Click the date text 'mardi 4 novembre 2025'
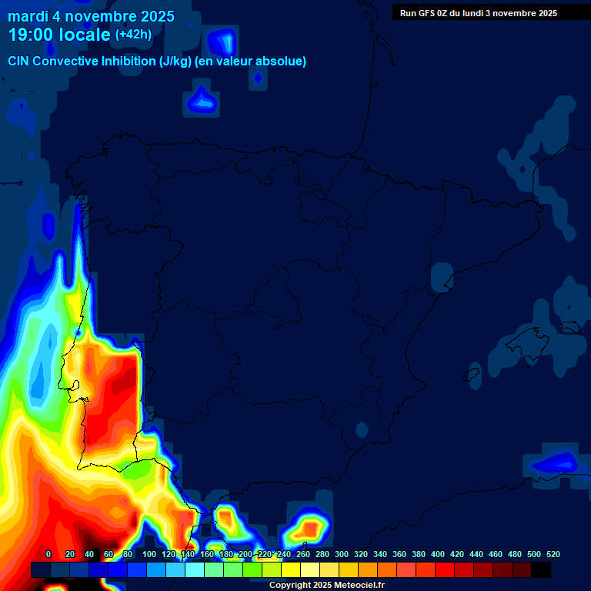pyautogui.click(x=91, y=16)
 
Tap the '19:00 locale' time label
pyautogui.click(x=59, y=35)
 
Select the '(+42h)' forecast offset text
pyautogui.click(x=133, y=35)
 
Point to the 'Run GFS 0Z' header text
pyautogui.click(x=425, y=13)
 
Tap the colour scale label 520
pyautogui.click(x=553, y=554)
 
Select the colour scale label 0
pyautogui.click(x=48, y=554)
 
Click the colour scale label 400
pyautogui.click(x=437, y=554)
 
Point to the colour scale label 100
pyautogui.click(x=149, y=554)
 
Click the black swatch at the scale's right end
pyautogui.click(x=540, y=569)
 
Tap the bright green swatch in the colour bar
pyautogui.click(x=252, y=569)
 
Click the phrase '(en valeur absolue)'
pyautogui.click(x=252, y=62)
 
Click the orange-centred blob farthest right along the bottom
pyautogui.click(x=309, y=529)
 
